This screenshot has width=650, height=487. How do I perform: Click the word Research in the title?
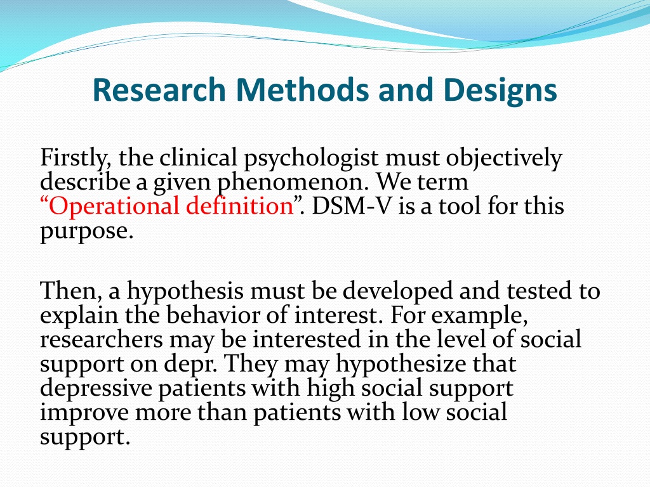pos(159,89)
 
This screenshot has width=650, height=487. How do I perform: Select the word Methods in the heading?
pos(302,89)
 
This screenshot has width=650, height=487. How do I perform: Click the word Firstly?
pos(76,159)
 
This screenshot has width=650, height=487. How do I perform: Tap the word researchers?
pos(101,340)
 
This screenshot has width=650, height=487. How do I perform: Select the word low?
pos(420,412)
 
